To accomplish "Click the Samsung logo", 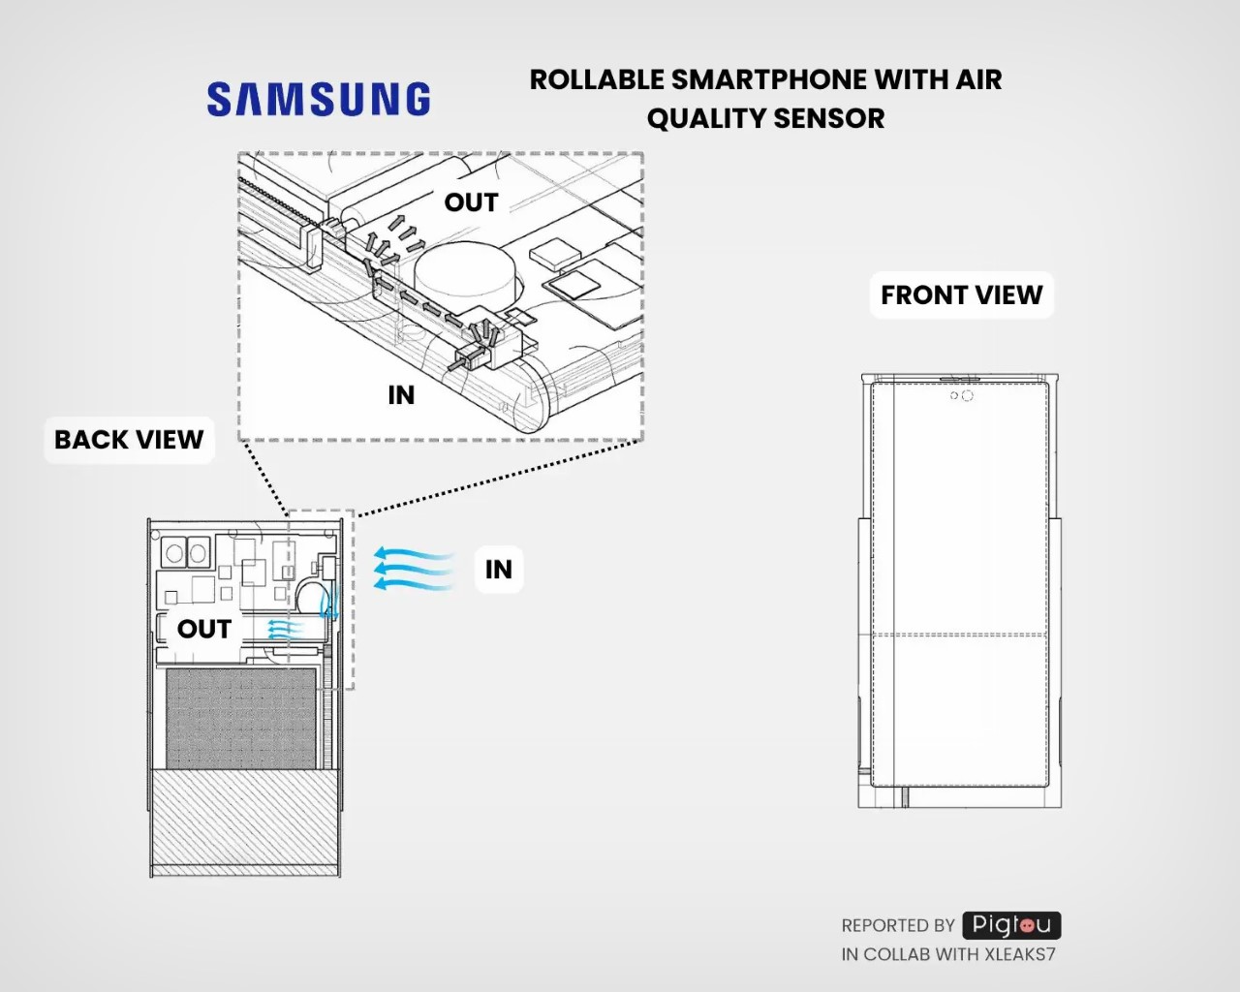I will coord(319,100).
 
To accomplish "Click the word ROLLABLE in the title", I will coord(597,79).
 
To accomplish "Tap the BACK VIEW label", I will coord(129,440).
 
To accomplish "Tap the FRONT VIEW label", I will coord(961,295).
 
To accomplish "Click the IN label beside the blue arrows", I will coord(499,570).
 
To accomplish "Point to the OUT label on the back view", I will coord(203,629).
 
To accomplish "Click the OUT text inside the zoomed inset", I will coord(471,202).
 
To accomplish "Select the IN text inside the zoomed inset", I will coord(401,395).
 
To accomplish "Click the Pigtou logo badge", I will coord(1011,925).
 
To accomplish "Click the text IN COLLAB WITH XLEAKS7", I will coord(948,954).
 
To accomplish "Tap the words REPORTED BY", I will coord(898,926).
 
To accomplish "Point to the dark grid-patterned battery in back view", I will coord(241,718).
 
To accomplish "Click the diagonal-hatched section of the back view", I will coord(244,819).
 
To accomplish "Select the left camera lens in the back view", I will coord(174,554).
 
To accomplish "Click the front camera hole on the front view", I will coord(967,395).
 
